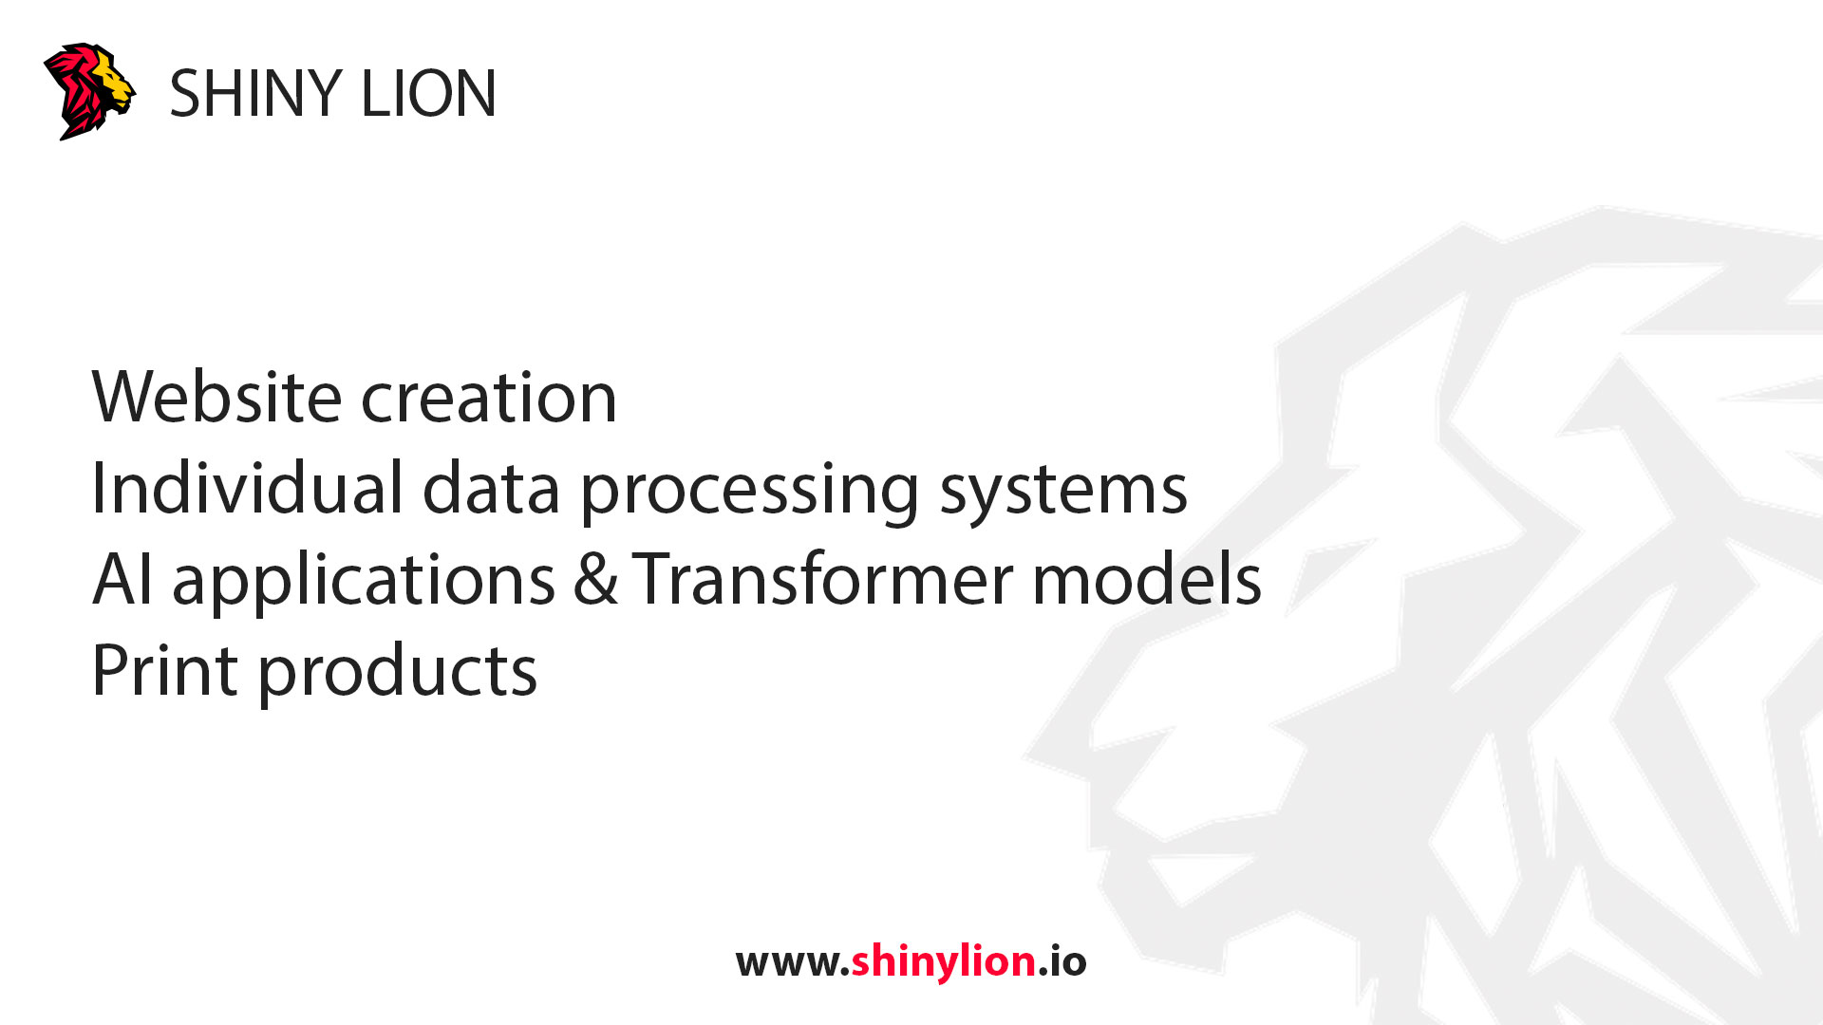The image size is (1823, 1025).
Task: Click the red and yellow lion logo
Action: click(x=88, y=91)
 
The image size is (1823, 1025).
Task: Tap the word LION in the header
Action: click(x=428, y=94)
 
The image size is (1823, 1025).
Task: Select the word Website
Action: click(x=216, y=397)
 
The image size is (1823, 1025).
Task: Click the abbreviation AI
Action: click(x=122, y=579)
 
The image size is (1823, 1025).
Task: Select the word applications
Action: click(x=364, y=581)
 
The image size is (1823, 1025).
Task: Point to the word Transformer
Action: click(x=822, y=579)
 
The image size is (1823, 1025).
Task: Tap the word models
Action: click(x=1147, y=579)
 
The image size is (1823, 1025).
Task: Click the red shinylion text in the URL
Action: click(x=943, y=962)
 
